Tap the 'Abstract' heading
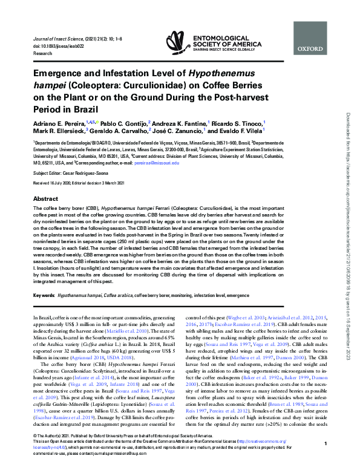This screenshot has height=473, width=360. click(x=46, y=198)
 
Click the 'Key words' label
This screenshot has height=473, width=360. click(x=44, y=296)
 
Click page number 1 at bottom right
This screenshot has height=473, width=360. click(x=326, y=461)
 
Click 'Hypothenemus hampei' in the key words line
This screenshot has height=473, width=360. click(x=79, y=296)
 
